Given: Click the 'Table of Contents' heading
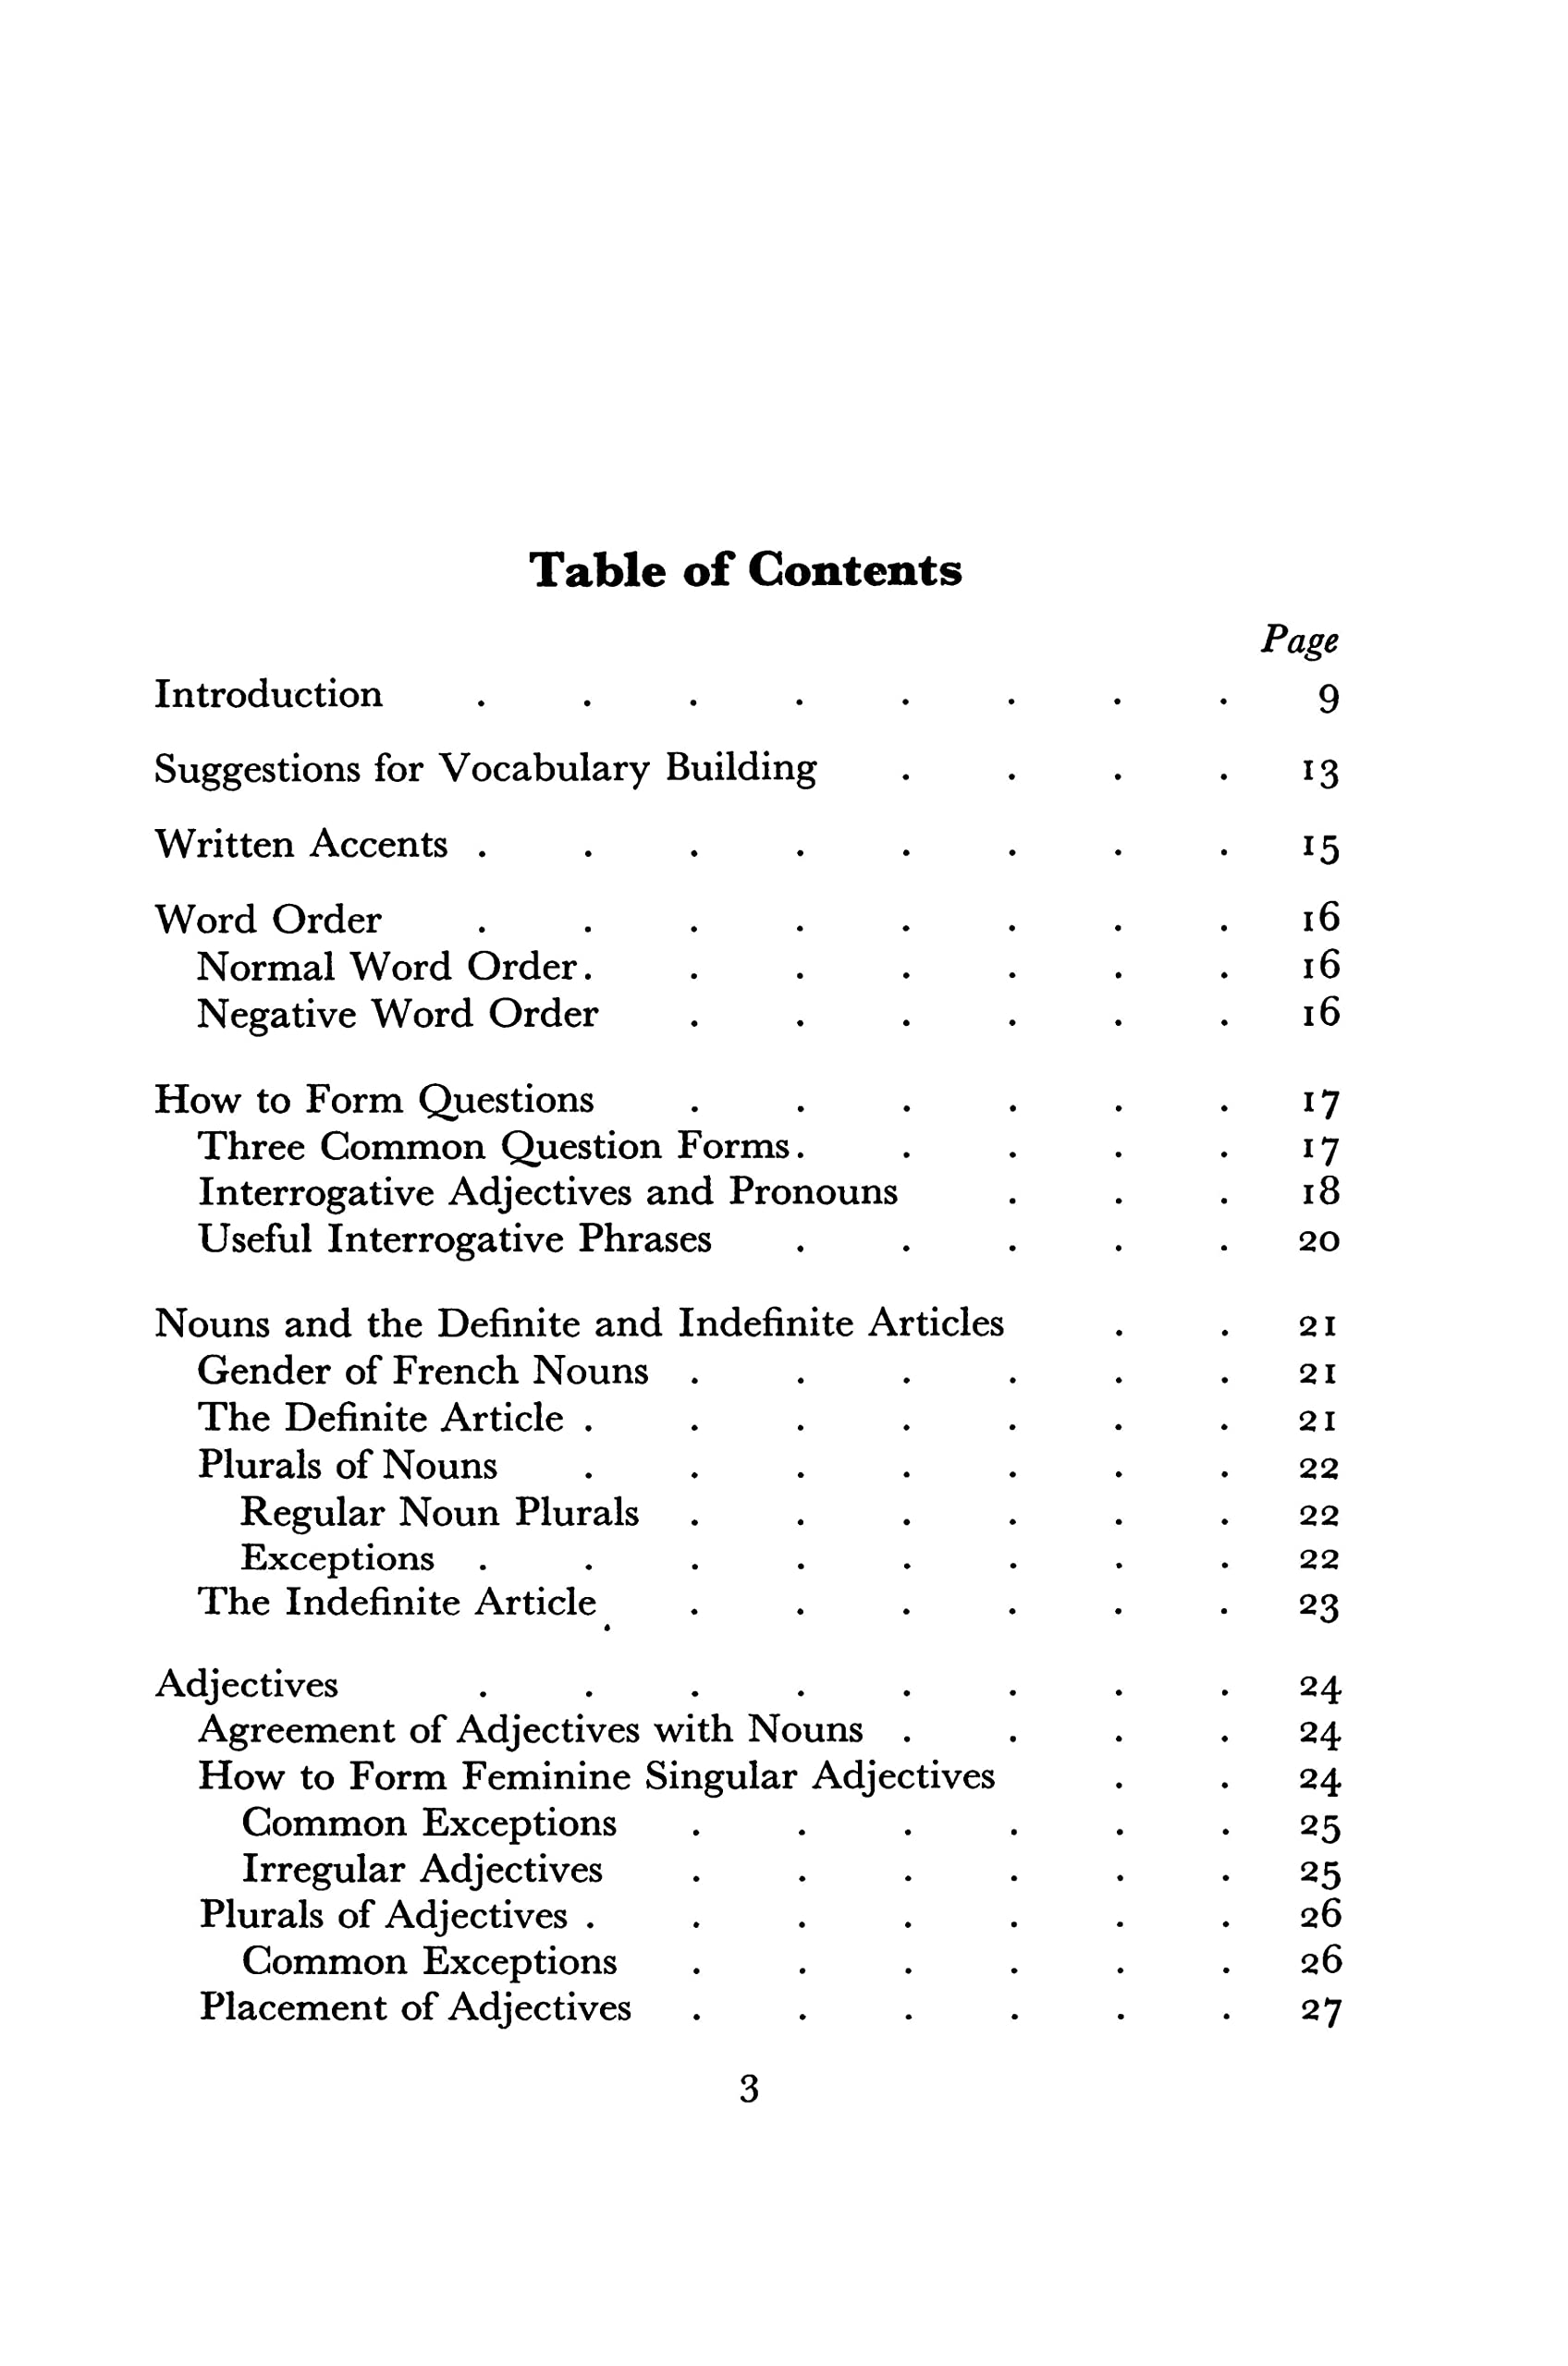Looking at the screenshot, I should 745,571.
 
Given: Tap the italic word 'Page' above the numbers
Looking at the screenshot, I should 1299,640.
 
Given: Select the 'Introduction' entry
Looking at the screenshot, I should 268,695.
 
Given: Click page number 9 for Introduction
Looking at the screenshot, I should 1327,699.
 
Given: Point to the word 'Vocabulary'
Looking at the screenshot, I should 545,769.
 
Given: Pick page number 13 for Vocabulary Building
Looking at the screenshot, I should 1320,772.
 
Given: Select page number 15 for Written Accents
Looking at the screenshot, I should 1320,848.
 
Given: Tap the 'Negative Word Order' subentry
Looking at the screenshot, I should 397,1015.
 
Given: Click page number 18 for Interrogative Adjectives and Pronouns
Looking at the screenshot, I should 1320,1191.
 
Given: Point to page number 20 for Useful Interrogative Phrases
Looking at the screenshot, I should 1319,1240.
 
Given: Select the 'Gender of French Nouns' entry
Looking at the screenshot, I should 422,1372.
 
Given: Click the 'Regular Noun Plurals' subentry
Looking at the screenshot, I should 439,1512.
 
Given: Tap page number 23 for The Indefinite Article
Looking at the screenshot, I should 1319,1605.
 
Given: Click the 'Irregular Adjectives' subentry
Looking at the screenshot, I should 422,1869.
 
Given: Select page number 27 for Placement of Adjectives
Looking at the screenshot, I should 1320,2009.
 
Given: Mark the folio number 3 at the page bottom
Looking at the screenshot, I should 749,2088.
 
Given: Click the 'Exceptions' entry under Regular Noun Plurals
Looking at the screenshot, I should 337,1558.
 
